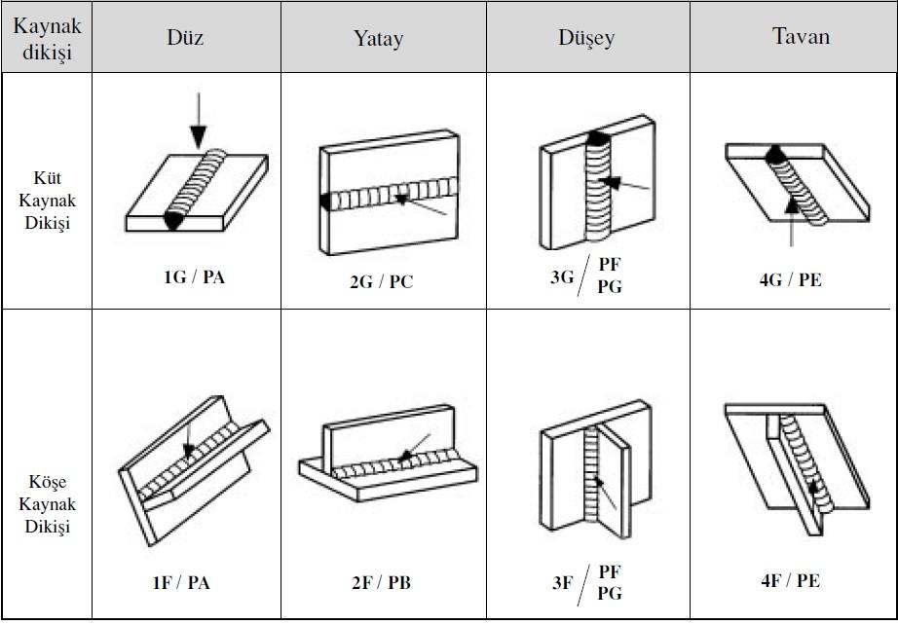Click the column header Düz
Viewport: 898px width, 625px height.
[x=186, y=38]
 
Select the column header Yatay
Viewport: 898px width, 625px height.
[x=378, y=39]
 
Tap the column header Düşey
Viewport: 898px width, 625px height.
[x=586, y=39]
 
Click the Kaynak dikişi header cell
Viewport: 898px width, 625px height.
[x=47, y=37]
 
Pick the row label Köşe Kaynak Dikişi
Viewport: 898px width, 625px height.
[x=47, y=504]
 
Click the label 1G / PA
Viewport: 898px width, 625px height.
[x=194, y=276]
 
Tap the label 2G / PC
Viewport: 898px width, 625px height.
[x=382, y=283]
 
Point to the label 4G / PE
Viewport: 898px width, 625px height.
[x=790, y=279]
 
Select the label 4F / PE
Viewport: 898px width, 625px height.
[x=790, y=580]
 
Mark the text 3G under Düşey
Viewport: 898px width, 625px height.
[x=562, y=277]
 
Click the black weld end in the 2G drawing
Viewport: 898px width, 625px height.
[x=322, y=201]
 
